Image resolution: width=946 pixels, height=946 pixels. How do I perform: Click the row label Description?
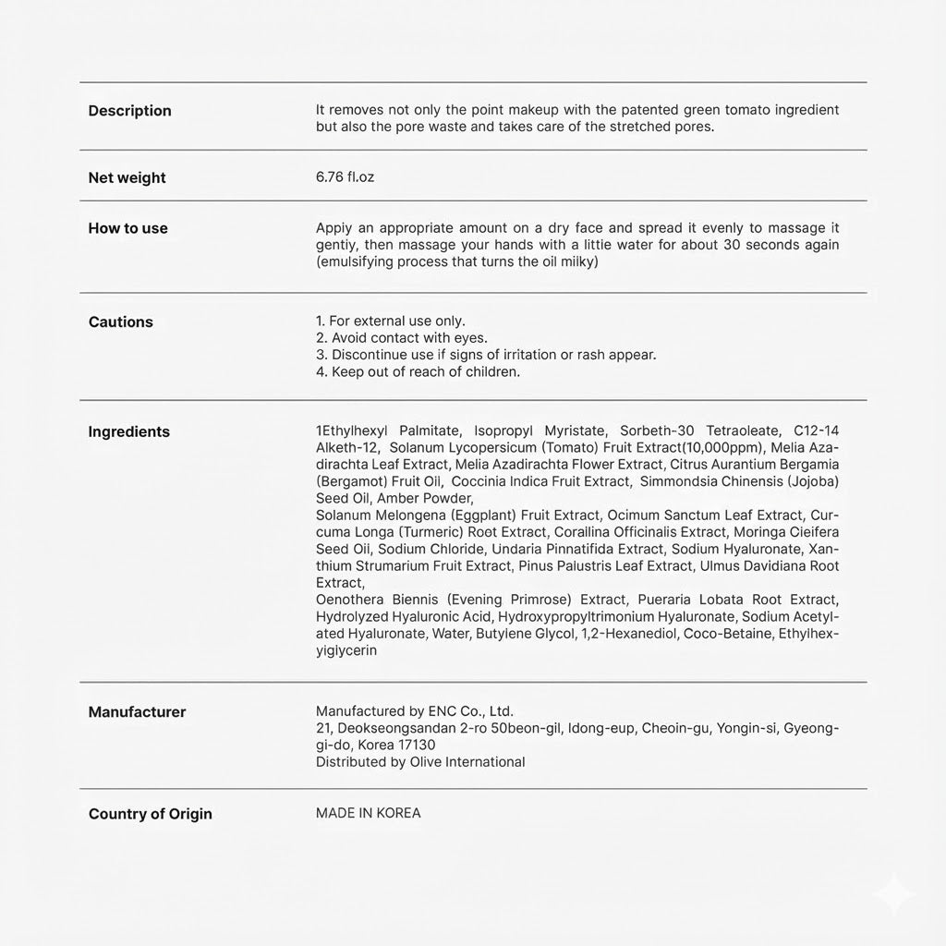pos(129,111)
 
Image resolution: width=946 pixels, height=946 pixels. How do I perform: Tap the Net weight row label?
pos(127,178)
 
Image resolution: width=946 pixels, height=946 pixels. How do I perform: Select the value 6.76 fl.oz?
pos(345,177)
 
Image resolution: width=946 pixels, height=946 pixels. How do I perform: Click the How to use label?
pos(127,228)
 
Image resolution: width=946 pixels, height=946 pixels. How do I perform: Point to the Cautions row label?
pos(120,322)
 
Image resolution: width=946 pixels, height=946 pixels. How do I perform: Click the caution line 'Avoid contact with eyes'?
pos(402,338)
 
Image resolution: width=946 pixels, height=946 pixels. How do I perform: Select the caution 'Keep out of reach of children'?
pos(418,372)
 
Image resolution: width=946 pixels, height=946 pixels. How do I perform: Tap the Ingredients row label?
pos(128,431)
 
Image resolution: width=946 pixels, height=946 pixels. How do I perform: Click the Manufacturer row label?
pos(137,712)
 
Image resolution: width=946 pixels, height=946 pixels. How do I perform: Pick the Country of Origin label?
pos(150,814)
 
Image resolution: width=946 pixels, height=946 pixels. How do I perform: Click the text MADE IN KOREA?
pos(368,813)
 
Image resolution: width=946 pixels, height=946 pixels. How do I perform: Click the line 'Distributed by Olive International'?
pos(420,762)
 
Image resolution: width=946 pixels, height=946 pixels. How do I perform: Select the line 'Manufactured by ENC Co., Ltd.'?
pos(414,711)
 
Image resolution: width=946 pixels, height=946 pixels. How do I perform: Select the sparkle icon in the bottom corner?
pos(895,895)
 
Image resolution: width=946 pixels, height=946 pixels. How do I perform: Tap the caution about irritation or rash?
pos(486,355)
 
